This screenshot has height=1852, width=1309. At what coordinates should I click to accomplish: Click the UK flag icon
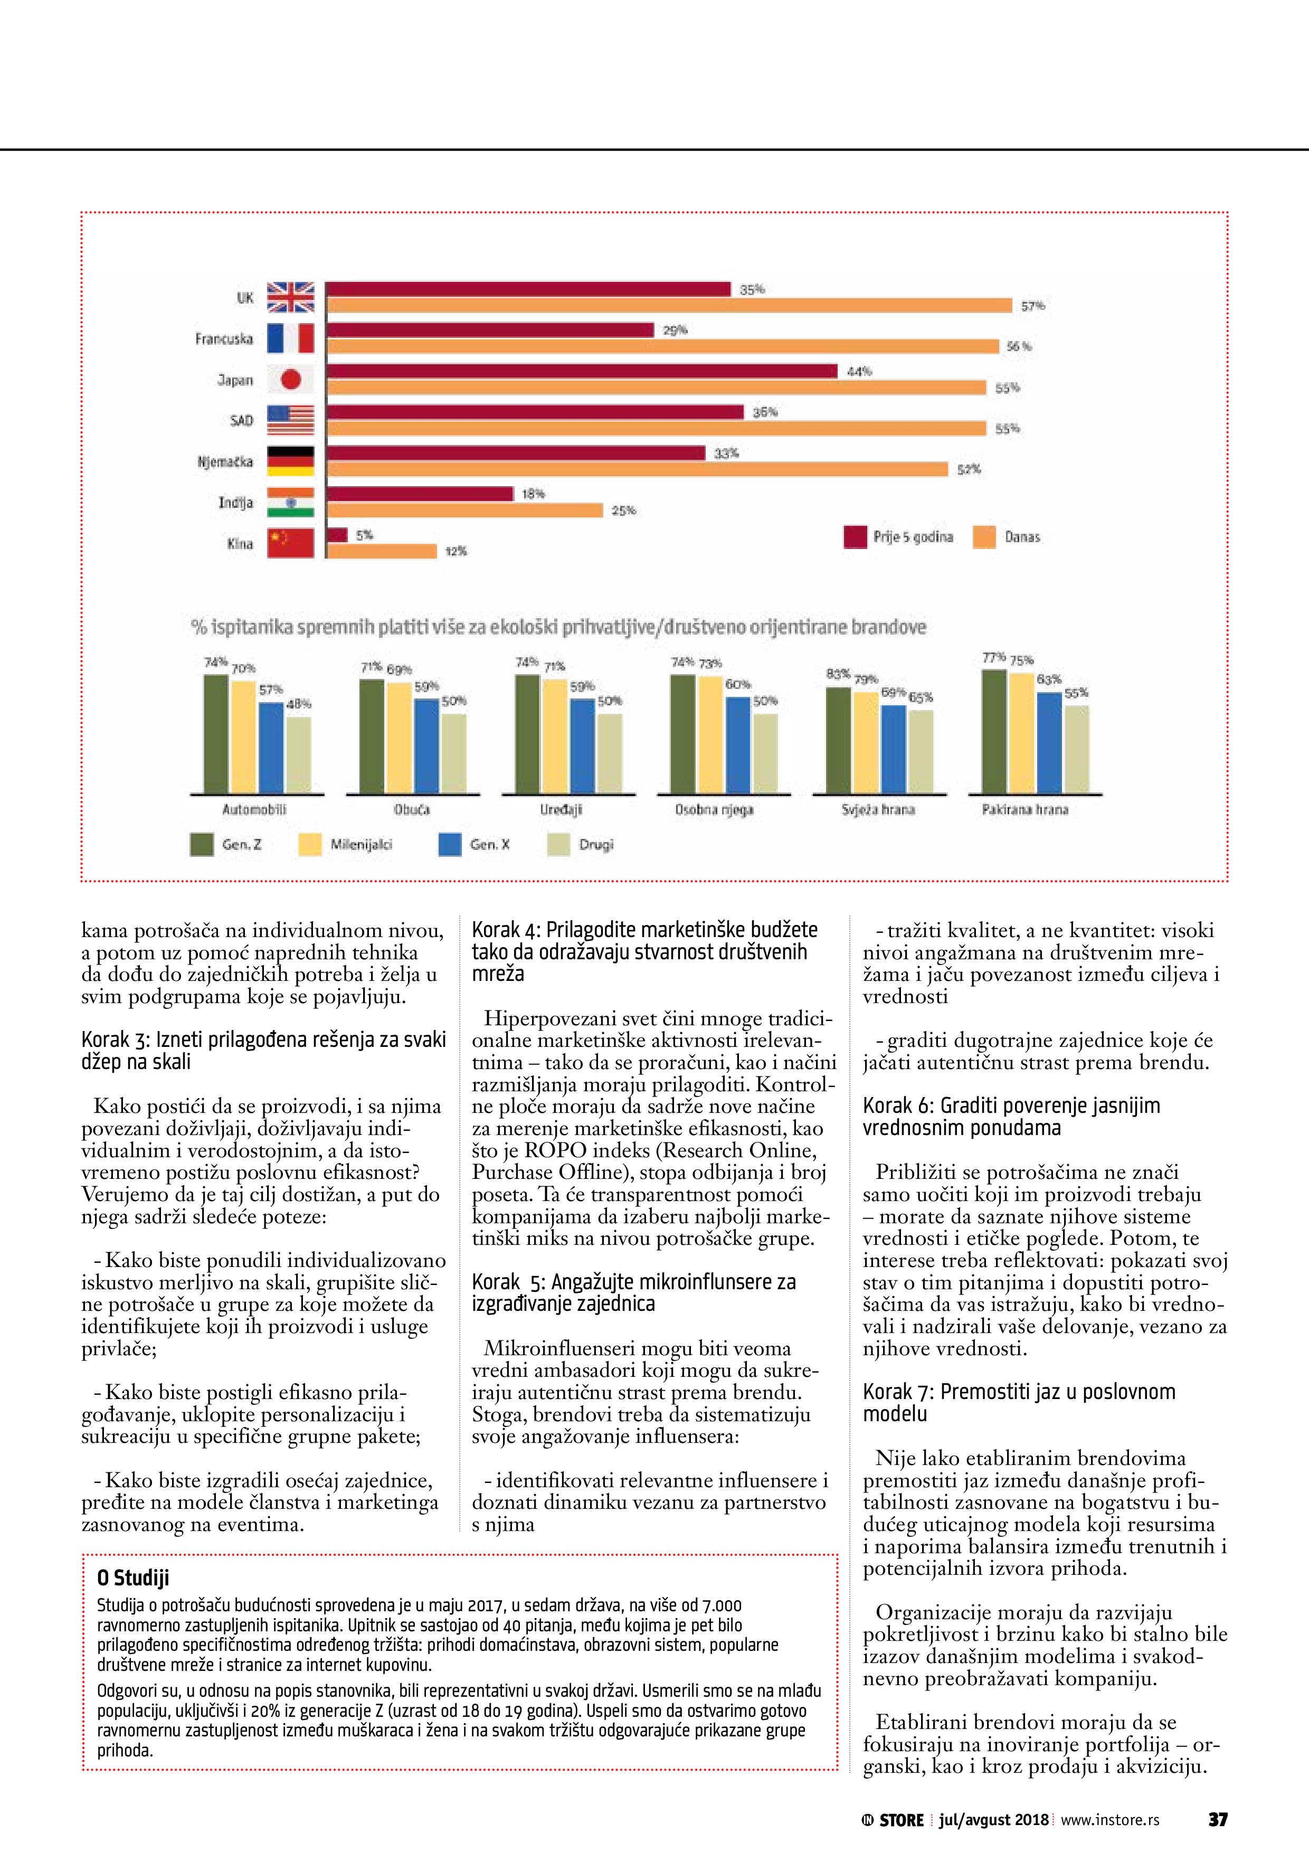click(290, 297)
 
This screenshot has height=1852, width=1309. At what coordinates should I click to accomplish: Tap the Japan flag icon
click(290, 379)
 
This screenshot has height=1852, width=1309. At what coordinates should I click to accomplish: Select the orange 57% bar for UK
click(669, 306)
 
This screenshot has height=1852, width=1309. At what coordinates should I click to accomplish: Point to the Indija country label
click(235, 503)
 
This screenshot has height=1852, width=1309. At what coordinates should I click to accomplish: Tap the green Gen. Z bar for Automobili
click(215, 734)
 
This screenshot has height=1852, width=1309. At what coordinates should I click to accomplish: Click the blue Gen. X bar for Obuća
click(426, 746)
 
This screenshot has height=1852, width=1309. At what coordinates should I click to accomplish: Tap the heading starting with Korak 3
click(263, 1050)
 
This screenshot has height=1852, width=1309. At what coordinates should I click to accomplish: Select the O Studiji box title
click(133, 1578)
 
